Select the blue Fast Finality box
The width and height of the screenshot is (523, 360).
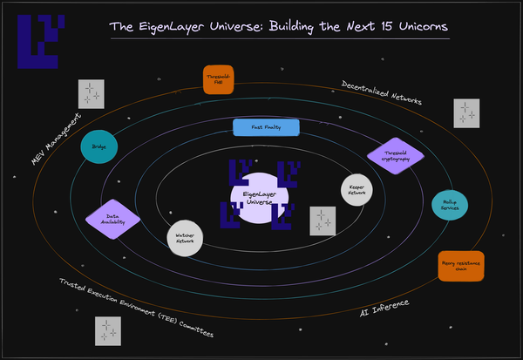click(x=266, y=127)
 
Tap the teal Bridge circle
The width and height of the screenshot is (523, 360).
click(x=98, y=146)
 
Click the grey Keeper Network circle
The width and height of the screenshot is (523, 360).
click(x=357, y=189)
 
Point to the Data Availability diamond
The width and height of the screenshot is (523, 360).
click(x=112, y=219)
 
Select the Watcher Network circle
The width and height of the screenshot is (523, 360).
click(x=185, y=237)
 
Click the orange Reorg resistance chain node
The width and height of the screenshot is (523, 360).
click(x=460, y=265)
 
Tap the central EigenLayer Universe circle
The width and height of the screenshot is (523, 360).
click(x=259, y=197)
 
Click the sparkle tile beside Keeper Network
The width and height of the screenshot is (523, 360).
click(x=323, y=221)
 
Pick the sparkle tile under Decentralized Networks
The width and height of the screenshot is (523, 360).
click(x=466, y=113)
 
